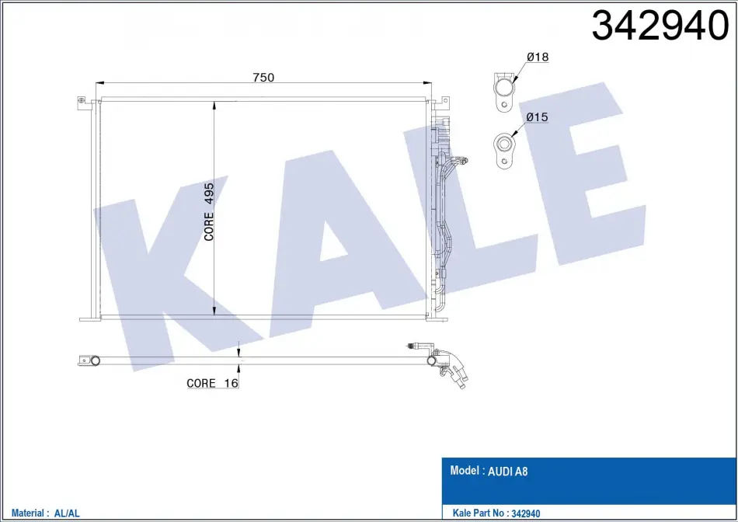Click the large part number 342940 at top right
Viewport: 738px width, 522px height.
tap(660, 26)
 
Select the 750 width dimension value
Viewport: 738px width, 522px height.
tap(263, 77)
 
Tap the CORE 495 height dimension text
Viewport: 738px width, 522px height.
tap(209, 212)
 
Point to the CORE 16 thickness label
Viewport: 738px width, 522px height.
tap(212, 383)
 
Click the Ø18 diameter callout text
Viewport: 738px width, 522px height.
tap(538, 57)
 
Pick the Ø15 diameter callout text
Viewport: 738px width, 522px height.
tap(537, 117)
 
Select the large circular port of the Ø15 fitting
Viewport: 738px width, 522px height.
tap(503, 143)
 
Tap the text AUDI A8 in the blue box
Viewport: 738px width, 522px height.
tap(507, 472)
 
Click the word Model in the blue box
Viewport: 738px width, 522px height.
tap(465, 470)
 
